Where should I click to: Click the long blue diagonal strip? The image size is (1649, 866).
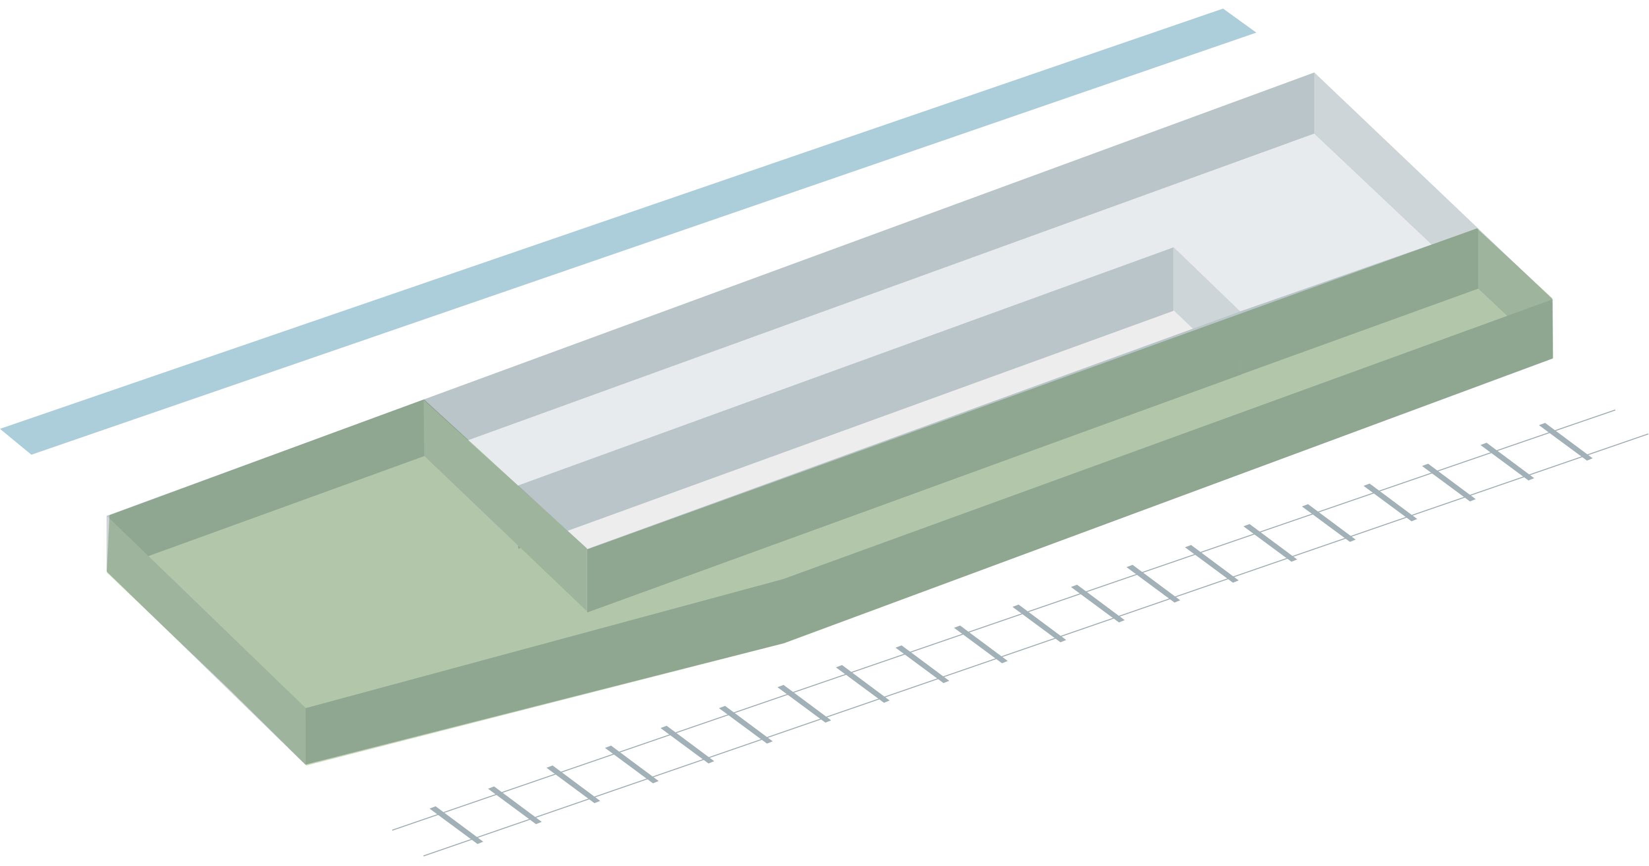coord(627,230)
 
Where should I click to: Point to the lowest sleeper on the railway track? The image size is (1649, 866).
coord(456,825)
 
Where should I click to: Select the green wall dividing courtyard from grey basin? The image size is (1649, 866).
coord(505,505)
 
